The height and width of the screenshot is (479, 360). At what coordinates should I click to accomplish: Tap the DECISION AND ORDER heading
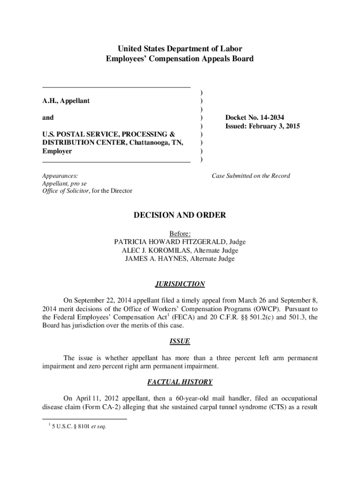pos(180,215)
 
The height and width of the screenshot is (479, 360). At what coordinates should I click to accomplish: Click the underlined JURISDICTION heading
pos(180,284)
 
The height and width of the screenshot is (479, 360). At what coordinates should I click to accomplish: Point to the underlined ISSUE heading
pos(180,341)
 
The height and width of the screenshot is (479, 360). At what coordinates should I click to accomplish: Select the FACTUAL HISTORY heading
pos(180,382)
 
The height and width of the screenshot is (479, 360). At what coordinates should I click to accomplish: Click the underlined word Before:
pos(180,233)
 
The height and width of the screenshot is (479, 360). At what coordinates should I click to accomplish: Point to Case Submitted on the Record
pos(251,176)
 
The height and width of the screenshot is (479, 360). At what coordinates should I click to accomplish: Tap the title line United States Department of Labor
pos(180,49)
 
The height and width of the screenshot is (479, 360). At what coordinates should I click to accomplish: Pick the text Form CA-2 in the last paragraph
pos(130,406)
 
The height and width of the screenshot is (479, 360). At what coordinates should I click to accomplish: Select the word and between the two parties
pos(48,118)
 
